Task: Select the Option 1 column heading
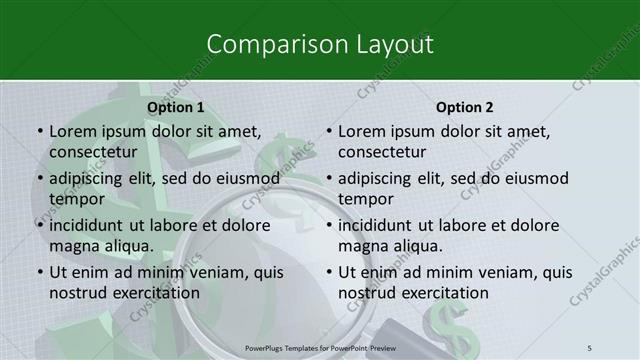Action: (175, 106)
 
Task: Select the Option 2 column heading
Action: (464, 106)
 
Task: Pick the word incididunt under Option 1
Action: (95, 225)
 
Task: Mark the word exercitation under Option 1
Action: (151, 293)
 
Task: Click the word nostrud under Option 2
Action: (369, 293)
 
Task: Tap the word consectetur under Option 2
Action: (381, 152)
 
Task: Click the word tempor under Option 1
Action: (77, 199)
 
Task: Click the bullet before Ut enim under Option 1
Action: (39, 272)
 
